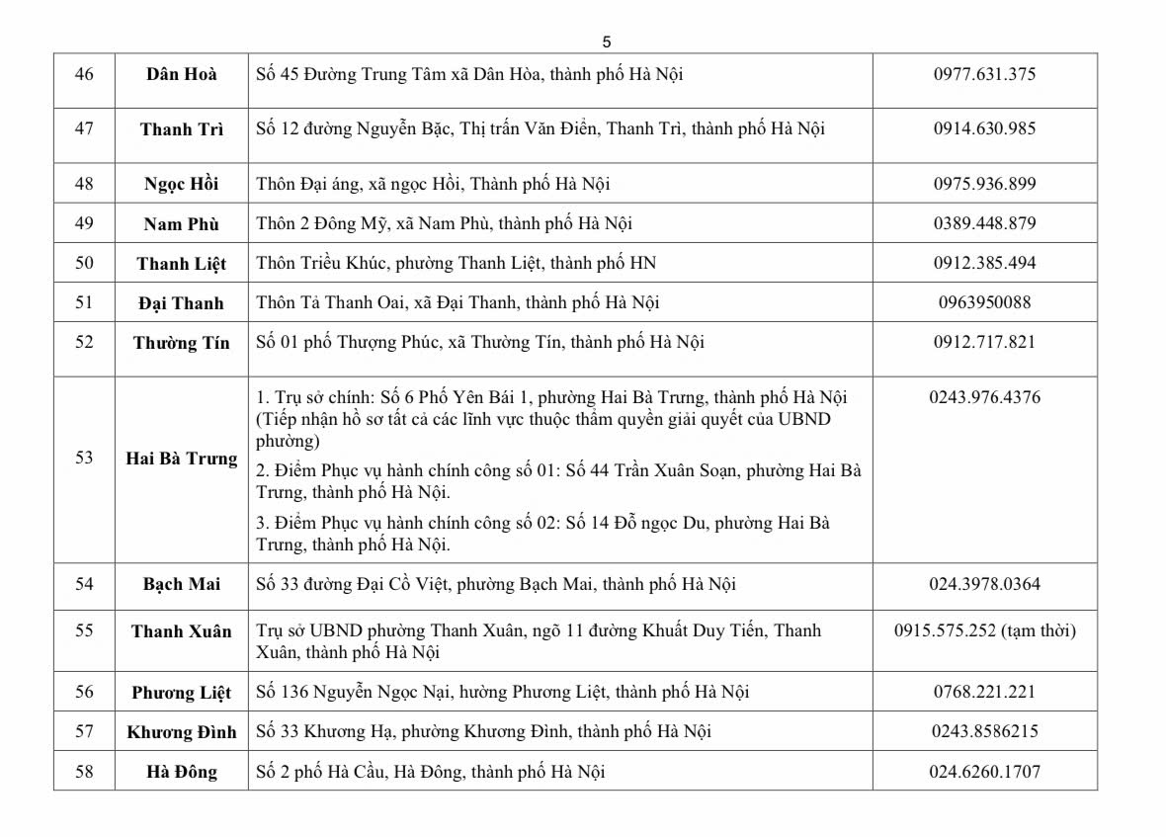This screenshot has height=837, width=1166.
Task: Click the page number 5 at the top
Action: point(607,42)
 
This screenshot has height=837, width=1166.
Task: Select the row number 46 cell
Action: point(84,74)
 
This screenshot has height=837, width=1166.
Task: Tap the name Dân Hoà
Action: point(182,74)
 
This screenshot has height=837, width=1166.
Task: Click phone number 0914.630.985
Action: point(984,128)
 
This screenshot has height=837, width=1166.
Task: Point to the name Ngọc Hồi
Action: point(182,184)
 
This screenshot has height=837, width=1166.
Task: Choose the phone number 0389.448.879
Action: point(984,223)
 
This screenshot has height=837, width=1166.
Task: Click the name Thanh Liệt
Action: point(182,263)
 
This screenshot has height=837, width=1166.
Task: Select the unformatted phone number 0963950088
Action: point(984,302)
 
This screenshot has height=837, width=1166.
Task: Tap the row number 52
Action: point(84,342)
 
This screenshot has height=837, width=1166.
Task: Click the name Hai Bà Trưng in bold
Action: point(182,459)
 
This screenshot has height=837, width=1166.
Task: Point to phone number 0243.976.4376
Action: point(984,397)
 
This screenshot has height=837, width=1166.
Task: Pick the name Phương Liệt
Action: point(182,692)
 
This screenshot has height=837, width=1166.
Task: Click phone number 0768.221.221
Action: point(984,692)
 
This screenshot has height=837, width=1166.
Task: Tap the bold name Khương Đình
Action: point(182,732)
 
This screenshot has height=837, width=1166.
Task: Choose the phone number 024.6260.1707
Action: point(984,772)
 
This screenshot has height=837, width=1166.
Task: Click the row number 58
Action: point(84,772)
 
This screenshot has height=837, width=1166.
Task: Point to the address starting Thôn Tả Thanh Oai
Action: point(458,302)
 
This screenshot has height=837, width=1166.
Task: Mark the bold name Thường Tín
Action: point(182,343)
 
